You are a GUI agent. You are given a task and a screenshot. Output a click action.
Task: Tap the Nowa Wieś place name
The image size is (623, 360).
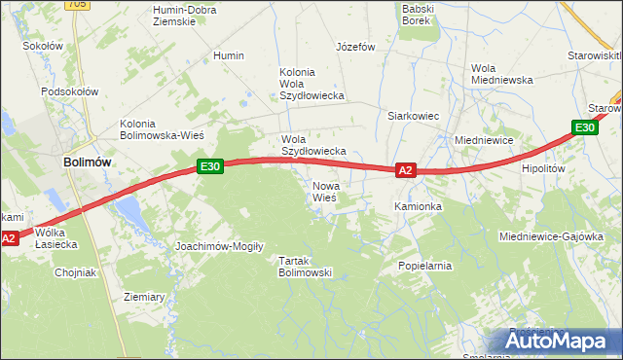(x=324, y=191)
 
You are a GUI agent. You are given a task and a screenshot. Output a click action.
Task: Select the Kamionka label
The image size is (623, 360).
(x=418, y=207)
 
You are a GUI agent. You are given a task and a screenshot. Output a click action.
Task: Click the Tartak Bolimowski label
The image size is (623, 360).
(x=306, y=267)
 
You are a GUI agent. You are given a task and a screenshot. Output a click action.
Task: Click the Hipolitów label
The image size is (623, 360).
(x=543, y=168)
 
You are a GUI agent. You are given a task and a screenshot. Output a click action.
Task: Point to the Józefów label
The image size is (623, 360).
(x=355, y=47)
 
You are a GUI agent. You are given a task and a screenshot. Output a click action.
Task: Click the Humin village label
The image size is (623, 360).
(x=229, y=56)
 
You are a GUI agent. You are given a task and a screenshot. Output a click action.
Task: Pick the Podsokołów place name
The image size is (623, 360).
(x=70, y=91)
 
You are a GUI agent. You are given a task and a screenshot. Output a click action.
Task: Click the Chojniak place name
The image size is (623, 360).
(x=76, y=272)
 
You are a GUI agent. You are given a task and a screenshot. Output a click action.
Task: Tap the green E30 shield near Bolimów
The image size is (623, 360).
(x=211, y=166)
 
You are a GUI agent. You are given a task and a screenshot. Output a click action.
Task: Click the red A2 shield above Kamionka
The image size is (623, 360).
(x=406, y=170)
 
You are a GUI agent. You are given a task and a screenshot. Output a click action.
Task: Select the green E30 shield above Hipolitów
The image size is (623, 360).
(x=584, y=127)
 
